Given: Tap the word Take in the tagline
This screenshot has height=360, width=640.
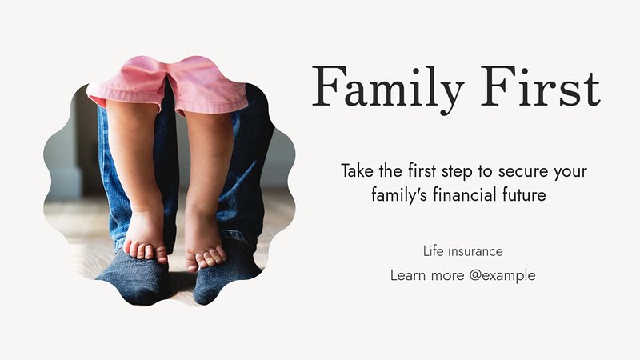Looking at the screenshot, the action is point(357,170).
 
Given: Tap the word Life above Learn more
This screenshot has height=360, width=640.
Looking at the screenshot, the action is point(433,251).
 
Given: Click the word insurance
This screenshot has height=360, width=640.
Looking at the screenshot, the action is point(475,251).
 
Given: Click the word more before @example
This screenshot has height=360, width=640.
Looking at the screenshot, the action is point(447,276).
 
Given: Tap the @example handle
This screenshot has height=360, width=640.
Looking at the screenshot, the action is point(502,276).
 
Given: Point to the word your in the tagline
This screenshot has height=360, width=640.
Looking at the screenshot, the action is point(570,173).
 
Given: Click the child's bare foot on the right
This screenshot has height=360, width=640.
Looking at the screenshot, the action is point(204,248).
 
